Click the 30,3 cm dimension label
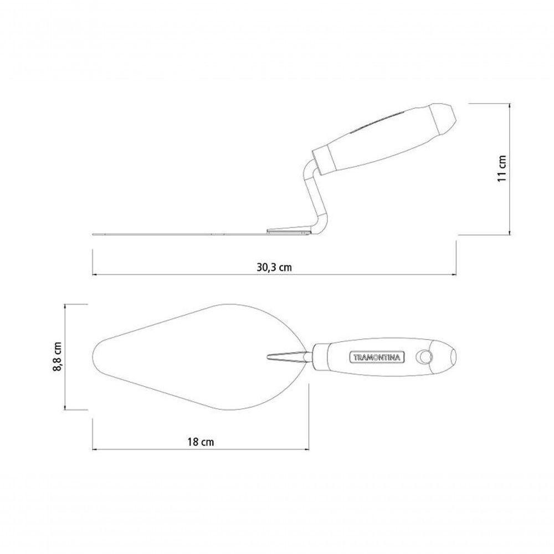274,267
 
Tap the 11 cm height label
502,168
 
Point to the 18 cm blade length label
201,442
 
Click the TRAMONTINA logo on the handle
377,357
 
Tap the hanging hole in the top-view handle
424,357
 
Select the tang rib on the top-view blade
287,356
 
